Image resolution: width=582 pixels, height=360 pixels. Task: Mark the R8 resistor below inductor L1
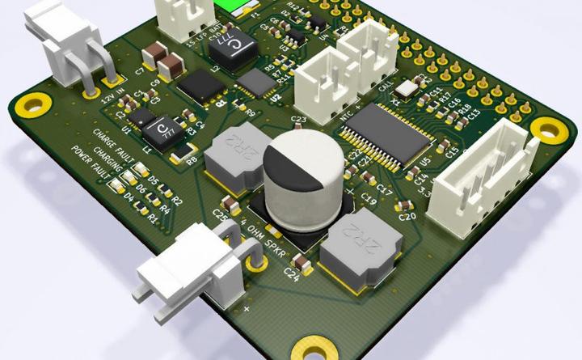point(184,150)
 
